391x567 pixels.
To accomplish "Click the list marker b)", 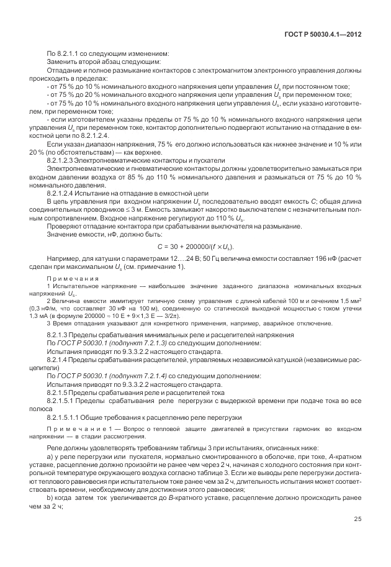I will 50,498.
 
